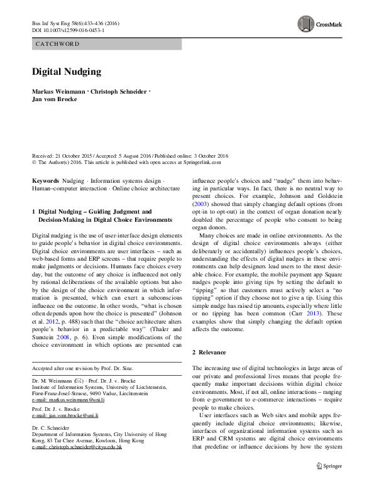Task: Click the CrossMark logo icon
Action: click(x=305, y=24)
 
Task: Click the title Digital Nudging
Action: click(x=67, y=72)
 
